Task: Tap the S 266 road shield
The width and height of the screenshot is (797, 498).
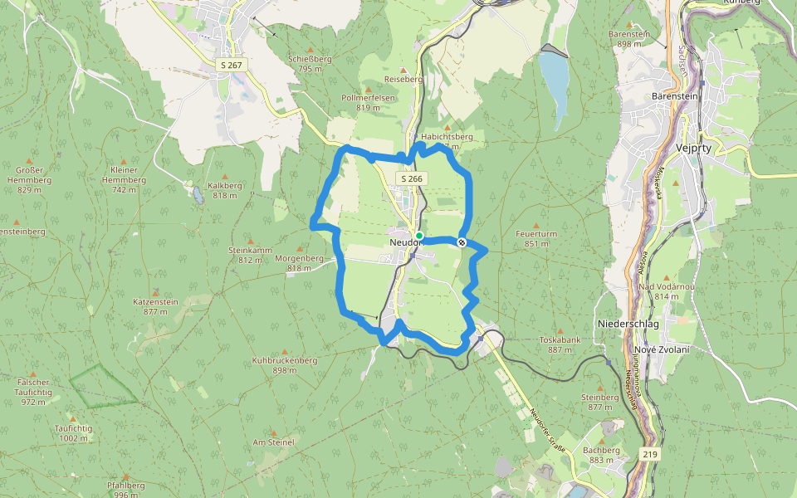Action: pyautogui.click(x=410, y=178)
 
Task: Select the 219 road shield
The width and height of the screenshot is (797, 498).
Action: pyautogui.click(x=650, y=453)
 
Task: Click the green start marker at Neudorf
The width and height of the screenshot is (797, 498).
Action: pyautogui.click(x=419, y=237)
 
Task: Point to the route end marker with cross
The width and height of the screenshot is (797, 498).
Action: pyautogui.click(x=462, y=242)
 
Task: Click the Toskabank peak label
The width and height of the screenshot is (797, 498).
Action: pyautogui.click(x=559, y=345)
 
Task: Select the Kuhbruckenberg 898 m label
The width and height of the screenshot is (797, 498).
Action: pyautogui.click(x=285, y=365)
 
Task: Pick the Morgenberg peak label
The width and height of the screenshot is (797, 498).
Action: pyautogui.click(x=298, y=263)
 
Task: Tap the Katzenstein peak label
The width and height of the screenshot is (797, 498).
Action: pyautogui.click(x=155, y=306)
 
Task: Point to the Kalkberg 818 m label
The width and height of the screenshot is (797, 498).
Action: pyautogui.click(x=225, y=191)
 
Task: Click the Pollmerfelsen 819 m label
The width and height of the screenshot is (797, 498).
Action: pyautogui.click(x=368, y=102)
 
